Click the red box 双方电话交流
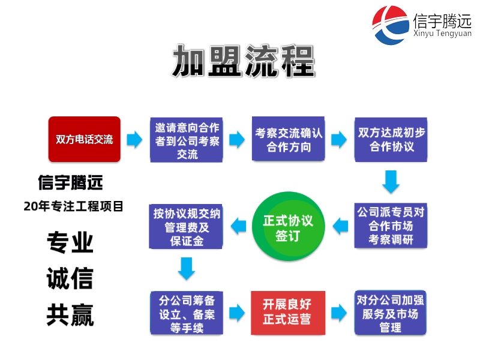pyautogui.click(x=84, y=139)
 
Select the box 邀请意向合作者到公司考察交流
pyautogui.click(x=187, y=139)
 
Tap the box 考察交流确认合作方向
pyautogui.click(x=289, y=139)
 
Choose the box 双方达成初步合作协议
pyautogui.click(x=391, y=139)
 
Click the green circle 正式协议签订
pyautogui.click(x=288, y=226)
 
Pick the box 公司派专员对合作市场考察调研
pyautogui.click(x=391, y=226)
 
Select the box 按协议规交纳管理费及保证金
pyautogui.click(x=187, y=226)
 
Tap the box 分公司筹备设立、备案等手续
pyautogui.click(x=187, y=313)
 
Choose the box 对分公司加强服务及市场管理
pyautogui.click(x=390, y=313)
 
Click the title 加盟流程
pyautogui.click(x=244, y=61)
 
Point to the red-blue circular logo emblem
pyautogui.click(x=391, y=25)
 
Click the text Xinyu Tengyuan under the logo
pyautogui.click(x=443, y=34)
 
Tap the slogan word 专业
pyautogui.click(x=70, y=242)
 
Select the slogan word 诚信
pyautogui.click(x=70, y=279)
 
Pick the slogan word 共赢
pyautogui.click(x=70, y=315)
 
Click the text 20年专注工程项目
pyautogui.click(x=74, y=206)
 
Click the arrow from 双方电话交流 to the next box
pyautogui.click(x=135, y=140)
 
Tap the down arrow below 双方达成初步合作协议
pyautogui.click(x=391, y=182)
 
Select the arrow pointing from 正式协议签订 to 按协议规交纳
pyautogui.click(x=238, y=226)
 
